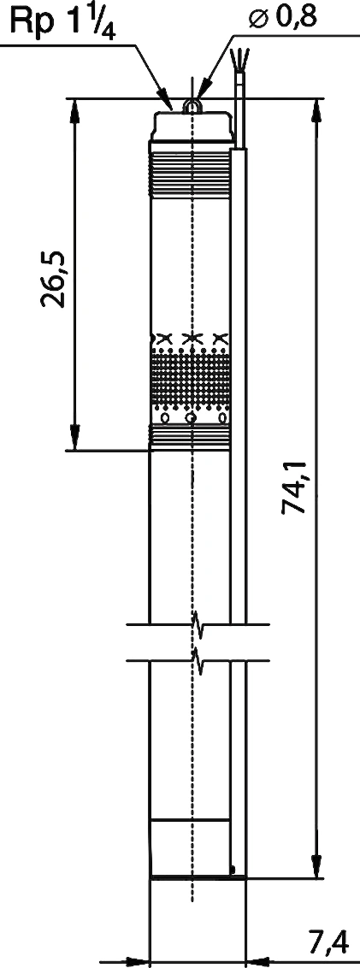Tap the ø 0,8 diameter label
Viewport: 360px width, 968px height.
click(282, 16)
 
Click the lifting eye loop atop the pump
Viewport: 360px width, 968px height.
click(192, 107)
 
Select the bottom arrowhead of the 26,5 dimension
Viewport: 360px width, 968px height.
click(74, 436)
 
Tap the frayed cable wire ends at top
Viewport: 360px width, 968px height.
click(237, 59)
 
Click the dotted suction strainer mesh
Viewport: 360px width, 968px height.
click(191, 377)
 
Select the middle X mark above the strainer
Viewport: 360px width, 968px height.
click(192, 338)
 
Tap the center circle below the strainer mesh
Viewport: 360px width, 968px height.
click(192, 418)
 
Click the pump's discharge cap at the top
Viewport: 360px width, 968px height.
click(192, 126)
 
